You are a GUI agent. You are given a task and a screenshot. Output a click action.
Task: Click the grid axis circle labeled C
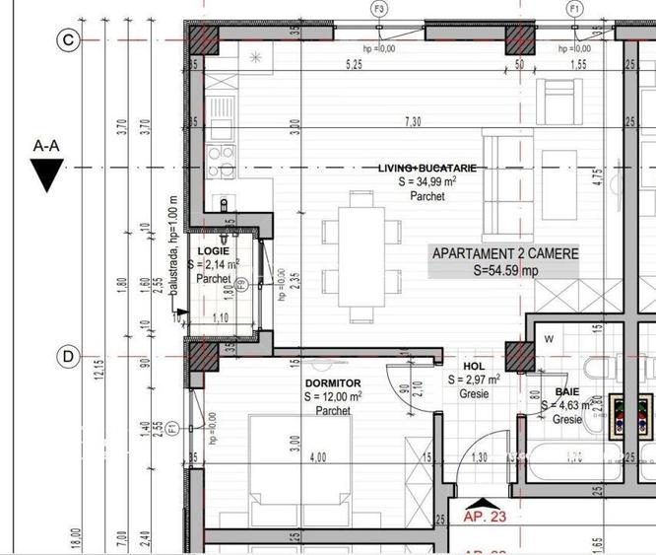[68, 40]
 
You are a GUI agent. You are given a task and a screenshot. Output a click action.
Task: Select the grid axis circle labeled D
[68, 357]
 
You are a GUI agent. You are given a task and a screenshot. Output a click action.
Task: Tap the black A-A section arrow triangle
[46, 175]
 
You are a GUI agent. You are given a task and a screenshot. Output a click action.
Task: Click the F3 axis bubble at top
[378, 8]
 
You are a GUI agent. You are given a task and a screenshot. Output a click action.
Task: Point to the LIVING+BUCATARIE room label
[426, 169]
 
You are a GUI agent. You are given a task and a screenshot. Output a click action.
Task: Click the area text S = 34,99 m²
[426, 182]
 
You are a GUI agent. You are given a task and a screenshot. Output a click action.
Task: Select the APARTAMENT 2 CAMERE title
[505, 254]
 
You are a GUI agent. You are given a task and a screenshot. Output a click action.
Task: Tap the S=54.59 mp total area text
[505, 269]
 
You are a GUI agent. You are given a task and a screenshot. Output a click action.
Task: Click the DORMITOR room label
[333, 382]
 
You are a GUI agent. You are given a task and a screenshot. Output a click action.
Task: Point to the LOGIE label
[213, 252]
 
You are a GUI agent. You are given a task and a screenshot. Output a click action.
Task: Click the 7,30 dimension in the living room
[414, 121]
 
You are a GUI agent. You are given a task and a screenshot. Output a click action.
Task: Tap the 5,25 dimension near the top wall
[354, 65]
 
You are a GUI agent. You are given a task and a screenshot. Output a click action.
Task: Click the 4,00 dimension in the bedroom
[318, 457]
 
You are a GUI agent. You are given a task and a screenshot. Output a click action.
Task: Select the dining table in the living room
[361, 256]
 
